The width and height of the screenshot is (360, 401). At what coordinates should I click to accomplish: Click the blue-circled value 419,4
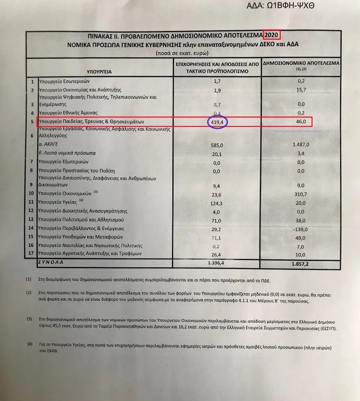[217, 123]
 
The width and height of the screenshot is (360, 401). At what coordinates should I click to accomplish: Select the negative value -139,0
[303, 228]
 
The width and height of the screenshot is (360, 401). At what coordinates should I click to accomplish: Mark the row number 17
[31, 254]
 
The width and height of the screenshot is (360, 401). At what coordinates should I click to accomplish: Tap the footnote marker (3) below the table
[29, 319]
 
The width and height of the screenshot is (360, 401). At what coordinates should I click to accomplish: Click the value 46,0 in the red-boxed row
[302, 122]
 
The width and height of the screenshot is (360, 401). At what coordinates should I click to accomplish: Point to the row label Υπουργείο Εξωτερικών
[64, 162]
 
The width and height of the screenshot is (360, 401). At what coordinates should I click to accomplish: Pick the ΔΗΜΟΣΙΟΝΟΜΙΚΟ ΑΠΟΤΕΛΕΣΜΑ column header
[301, 62]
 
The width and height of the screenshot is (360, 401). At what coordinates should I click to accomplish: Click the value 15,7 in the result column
[302, 90]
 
